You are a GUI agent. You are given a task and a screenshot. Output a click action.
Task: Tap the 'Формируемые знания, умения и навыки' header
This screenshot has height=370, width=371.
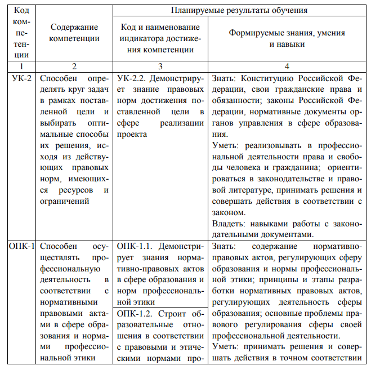point(287,38)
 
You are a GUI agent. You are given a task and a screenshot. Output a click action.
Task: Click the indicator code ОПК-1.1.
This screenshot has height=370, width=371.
point(137,246)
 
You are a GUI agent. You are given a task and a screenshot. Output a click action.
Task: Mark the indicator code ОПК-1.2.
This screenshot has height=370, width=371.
point(137,314)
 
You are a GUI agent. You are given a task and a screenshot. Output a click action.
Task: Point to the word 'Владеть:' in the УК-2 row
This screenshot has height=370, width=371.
point(229,224)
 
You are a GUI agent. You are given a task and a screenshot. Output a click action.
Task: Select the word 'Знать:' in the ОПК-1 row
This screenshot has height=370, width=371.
point(225,246)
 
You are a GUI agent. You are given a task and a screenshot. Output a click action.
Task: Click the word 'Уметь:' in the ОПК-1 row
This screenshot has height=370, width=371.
point(226,347)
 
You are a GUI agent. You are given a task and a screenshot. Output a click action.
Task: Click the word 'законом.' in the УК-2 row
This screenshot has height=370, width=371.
point(229,213)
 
